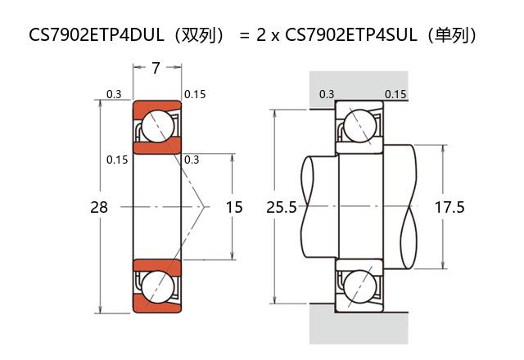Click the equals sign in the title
[244, 35]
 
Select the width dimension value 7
[156, 69]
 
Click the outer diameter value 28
[98, 208]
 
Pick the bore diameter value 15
[234, 208]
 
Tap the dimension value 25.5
[282, 208]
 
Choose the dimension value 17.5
[449, 208]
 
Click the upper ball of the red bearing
[156, 127]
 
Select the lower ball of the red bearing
[156, 287]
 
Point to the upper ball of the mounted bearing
[359, 127]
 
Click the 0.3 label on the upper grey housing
[326, 94]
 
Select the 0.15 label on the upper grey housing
[395, 94]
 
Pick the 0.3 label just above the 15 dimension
[192, 160]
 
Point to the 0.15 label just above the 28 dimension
[117, 160]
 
